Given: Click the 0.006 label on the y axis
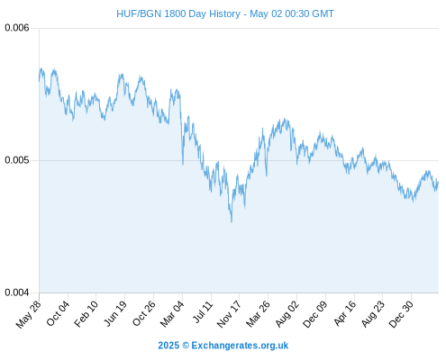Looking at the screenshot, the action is click(x=17, y=28).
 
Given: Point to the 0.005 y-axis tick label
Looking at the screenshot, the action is click(x=17, y=160).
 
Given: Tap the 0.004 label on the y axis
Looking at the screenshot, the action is click(x=17, y=292).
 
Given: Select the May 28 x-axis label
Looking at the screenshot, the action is click(x=28, y=314).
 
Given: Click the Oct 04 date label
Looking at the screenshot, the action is click(x=58, y=313).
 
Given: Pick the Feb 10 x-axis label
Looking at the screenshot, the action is click(x=86, y=313).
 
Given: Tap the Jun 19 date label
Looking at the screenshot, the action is click(x=115, y=313).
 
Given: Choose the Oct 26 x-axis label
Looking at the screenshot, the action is click(x=144, y=313).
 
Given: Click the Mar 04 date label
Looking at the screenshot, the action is click(x=172, y=314).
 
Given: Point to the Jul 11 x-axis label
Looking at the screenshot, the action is click(x=203, y=312).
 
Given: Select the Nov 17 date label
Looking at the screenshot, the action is click(x=229, y=314).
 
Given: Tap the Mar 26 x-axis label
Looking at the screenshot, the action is click(x=258, y=314).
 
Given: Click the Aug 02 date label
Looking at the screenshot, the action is click(x=287, y=314).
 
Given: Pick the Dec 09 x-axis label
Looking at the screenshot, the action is click(x=315, y=314).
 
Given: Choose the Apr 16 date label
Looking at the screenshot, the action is click(x=345, y=313).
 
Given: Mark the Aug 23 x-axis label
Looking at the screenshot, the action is click(x=373, y=314).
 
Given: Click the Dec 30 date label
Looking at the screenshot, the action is click(x=401, y=314).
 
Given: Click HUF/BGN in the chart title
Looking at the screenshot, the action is click(x=139, y=13).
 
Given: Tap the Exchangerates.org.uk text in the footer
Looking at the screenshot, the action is click(x=240, y=346).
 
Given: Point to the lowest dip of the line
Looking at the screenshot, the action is click(x=232, y=222).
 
